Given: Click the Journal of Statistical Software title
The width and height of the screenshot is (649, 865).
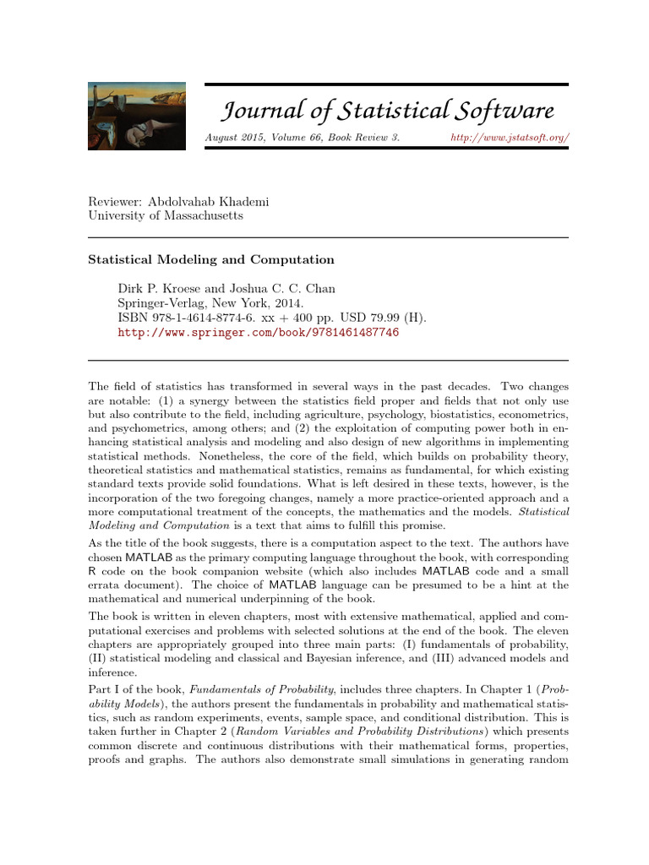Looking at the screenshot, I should [x=388, y=111].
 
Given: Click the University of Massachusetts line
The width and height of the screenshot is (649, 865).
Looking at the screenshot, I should [x=166, y=215].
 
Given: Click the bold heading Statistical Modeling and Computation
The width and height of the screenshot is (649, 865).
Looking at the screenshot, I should [x=211, y=260].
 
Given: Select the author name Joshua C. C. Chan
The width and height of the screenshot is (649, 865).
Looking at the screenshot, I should [x=273, y=288].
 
